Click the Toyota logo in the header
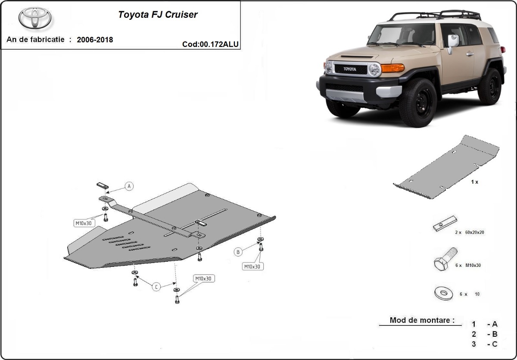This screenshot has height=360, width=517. (35, 18)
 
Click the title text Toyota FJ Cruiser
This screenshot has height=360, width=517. (158, 14)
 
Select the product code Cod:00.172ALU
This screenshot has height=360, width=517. (210, 44)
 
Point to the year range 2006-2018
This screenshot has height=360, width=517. (95, 40)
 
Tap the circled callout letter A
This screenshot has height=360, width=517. (129, 186)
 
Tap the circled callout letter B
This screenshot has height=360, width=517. (237, 251)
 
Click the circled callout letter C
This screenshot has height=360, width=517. (156, 287)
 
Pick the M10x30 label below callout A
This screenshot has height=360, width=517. (83, 223)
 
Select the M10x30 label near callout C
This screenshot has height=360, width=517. (203, 279)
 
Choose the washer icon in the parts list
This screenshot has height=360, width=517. (444, 294)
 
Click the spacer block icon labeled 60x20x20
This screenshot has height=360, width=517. (445, 224)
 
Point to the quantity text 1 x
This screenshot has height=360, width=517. (474, 182)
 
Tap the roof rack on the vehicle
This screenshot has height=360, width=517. (435, 16)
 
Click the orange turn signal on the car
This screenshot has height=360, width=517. (392, 68)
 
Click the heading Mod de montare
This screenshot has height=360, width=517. (422, 320)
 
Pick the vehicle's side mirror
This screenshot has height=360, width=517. (452, 42)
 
